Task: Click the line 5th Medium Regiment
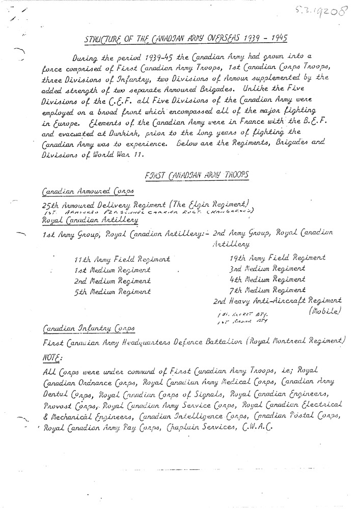112,292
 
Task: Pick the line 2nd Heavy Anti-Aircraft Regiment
277,300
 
